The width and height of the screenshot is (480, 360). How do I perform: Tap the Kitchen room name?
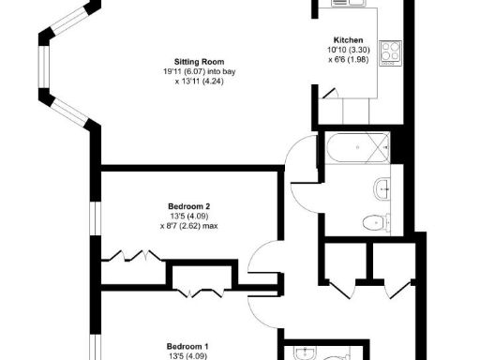coord(348,39)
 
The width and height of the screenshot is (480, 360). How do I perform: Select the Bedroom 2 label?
coord(187,206)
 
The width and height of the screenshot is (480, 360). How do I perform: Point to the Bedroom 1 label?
coord(187,344)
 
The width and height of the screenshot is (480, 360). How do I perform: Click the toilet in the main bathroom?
coord(377,222)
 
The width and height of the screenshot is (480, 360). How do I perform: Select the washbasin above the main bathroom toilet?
coord(382,189)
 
